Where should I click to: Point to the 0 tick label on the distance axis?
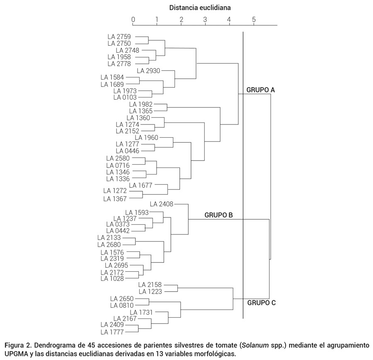(133, 19)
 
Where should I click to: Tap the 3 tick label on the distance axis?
(205, 19)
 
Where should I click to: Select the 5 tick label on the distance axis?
(254, 19)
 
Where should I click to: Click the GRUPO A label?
(261, 90)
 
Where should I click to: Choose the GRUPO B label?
(218, 215)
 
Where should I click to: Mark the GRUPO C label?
(262, 303)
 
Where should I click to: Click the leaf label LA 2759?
(119, 37)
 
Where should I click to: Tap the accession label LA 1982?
(140, 104)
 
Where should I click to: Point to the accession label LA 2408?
(161, 204)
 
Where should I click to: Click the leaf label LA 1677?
(140, 185)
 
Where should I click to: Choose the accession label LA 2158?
(150, 285)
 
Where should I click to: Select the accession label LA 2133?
(109, 238)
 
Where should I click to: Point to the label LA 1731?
(141, 311)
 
